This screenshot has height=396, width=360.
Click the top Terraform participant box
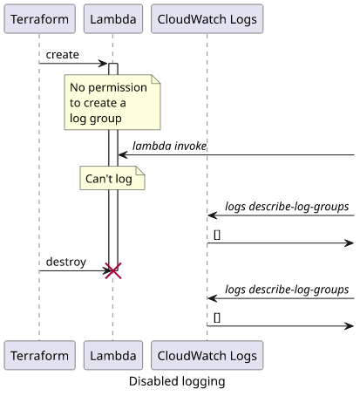[39, 19]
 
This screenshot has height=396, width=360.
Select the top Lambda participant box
[113, 19]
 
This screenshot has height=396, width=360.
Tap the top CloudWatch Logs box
[207, 19]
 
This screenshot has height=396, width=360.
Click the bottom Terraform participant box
[39, 355]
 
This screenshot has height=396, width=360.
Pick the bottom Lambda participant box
[113, 355]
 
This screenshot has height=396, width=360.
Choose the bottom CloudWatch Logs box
[207, 355]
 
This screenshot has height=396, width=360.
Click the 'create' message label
[63, 55]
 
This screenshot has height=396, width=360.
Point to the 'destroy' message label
[66, 262]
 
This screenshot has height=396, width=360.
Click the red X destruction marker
[113, 270]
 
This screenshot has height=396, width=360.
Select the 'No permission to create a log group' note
[112, 102]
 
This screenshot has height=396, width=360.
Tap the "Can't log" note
[112, 178]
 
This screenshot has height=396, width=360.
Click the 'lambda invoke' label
[169, 146]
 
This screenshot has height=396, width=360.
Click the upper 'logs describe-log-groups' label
[287, 207]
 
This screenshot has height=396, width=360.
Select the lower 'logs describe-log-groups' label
[287, 290]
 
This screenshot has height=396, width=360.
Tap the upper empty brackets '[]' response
[217, 235]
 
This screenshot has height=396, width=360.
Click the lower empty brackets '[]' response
[217, 317]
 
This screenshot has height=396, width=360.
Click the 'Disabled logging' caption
[177, 381]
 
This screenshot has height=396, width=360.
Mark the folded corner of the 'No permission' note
[156, 79]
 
